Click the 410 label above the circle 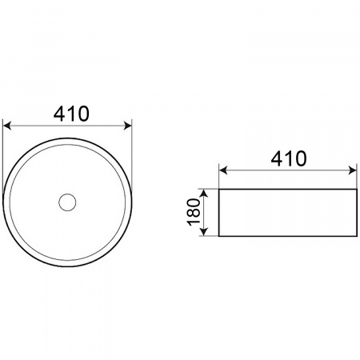tap(71, 114)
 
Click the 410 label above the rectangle tap(289, 158)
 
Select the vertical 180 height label tap(194, 212)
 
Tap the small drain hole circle tap(67, 202)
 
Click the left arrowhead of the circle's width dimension tap(7, 126)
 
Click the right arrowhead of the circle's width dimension tap(128, 126)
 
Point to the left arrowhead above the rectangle tap(223, 170)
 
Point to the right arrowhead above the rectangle tap(353, 170)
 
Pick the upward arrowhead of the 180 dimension tap(203, 193)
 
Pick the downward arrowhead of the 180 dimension tap(203, 232)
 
